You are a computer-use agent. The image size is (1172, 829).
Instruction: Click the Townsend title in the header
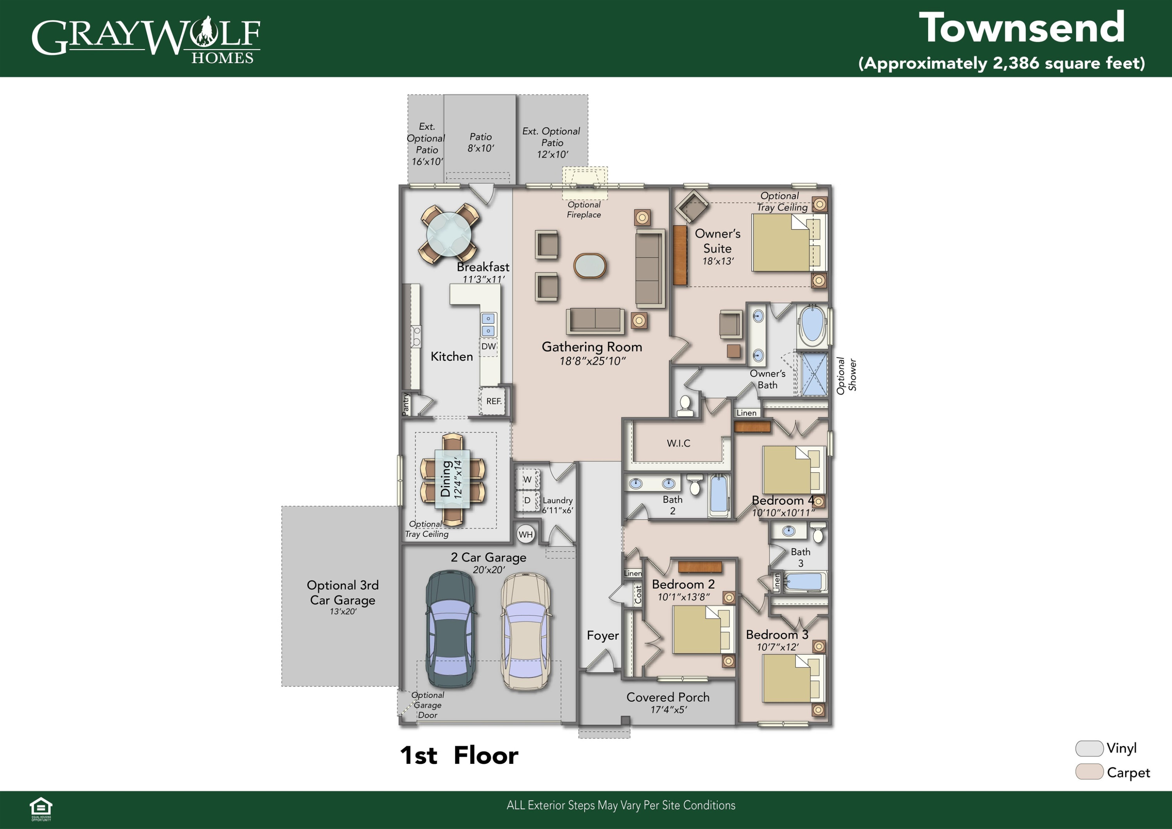click(x=1022, y=29)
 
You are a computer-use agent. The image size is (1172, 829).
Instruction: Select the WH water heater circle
click(x=525, y=534)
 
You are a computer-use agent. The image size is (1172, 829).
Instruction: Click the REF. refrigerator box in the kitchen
click(x=493, y=401)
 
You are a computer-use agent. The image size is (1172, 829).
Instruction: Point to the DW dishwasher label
click(x=488, y=346)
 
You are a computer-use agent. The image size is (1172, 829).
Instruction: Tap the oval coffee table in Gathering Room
click(x=590, y=265)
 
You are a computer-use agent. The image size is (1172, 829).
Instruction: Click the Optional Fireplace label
click(x=584, y=209)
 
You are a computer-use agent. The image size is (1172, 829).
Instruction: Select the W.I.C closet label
click(x=678, y=443)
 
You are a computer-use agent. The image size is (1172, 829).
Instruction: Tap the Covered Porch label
click(x=668, y=697)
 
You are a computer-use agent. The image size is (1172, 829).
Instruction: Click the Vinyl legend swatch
click(x=1089, y=749)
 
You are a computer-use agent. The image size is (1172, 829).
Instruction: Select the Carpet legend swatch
click(x=1089, y=772)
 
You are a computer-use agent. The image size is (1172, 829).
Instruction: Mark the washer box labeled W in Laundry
click(x=528, y=479)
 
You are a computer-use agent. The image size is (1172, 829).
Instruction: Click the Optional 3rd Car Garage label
click(x=343, y=593)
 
